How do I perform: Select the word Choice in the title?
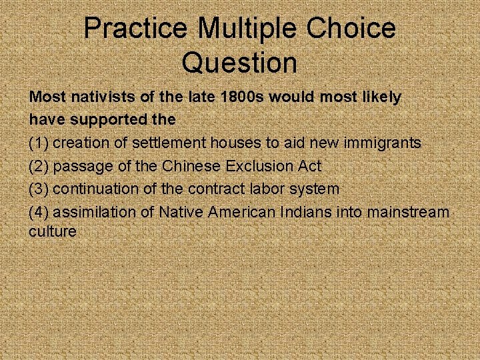(351, 29)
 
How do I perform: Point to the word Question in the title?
(239, 63)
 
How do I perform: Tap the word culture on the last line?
(52, 231)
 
